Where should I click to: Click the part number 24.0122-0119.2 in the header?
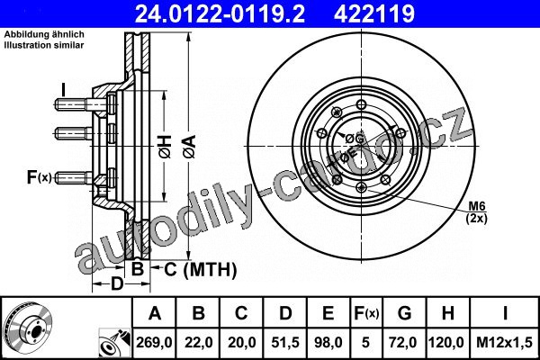tap(220, 13)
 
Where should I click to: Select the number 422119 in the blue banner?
tap(374, 13)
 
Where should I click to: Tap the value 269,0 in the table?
tap(154, 343)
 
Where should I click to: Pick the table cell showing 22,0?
tap(198, 343)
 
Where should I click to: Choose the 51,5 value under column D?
tap(285, 343)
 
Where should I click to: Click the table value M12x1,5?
tap(505, 343)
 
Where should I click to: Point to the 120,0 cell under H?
tap(447, 343)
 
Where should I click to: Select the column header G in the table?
tap(404, 313)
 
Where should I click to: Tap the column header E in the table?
tap(328, 313)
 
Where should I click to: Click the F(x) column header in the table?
tap(366, 313)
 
